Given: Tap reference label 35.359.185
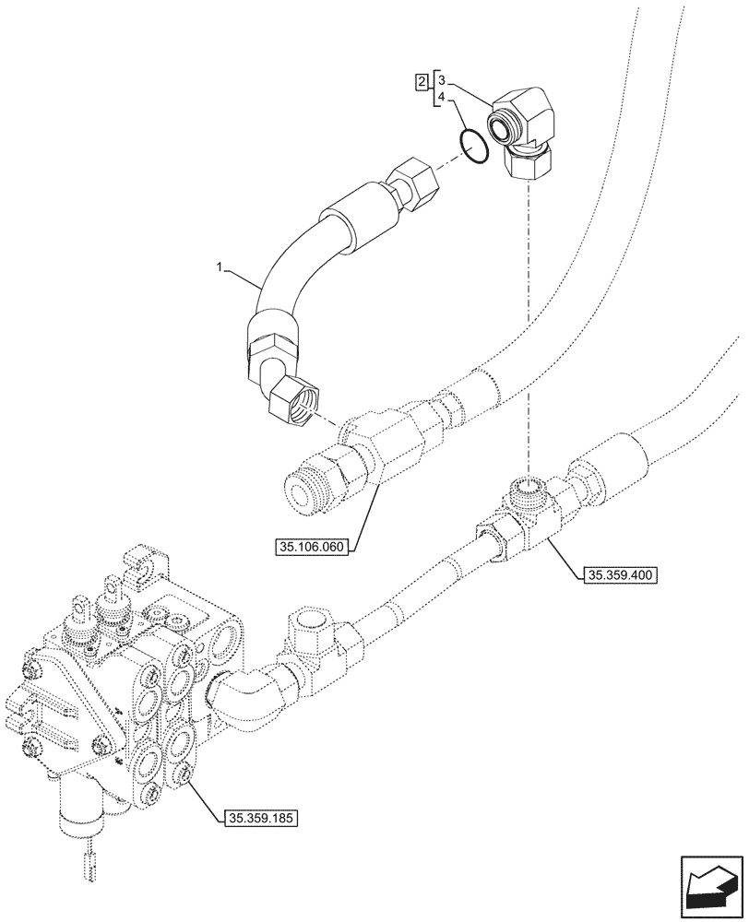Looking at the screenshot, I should coord(260,817).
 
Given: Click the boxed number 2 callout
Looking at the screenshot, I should coord(421,83).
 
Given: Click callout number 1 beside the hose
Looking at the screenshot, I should coord(220,267).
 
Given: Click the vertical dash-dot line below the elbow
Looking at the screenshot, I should coord(527,323).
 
